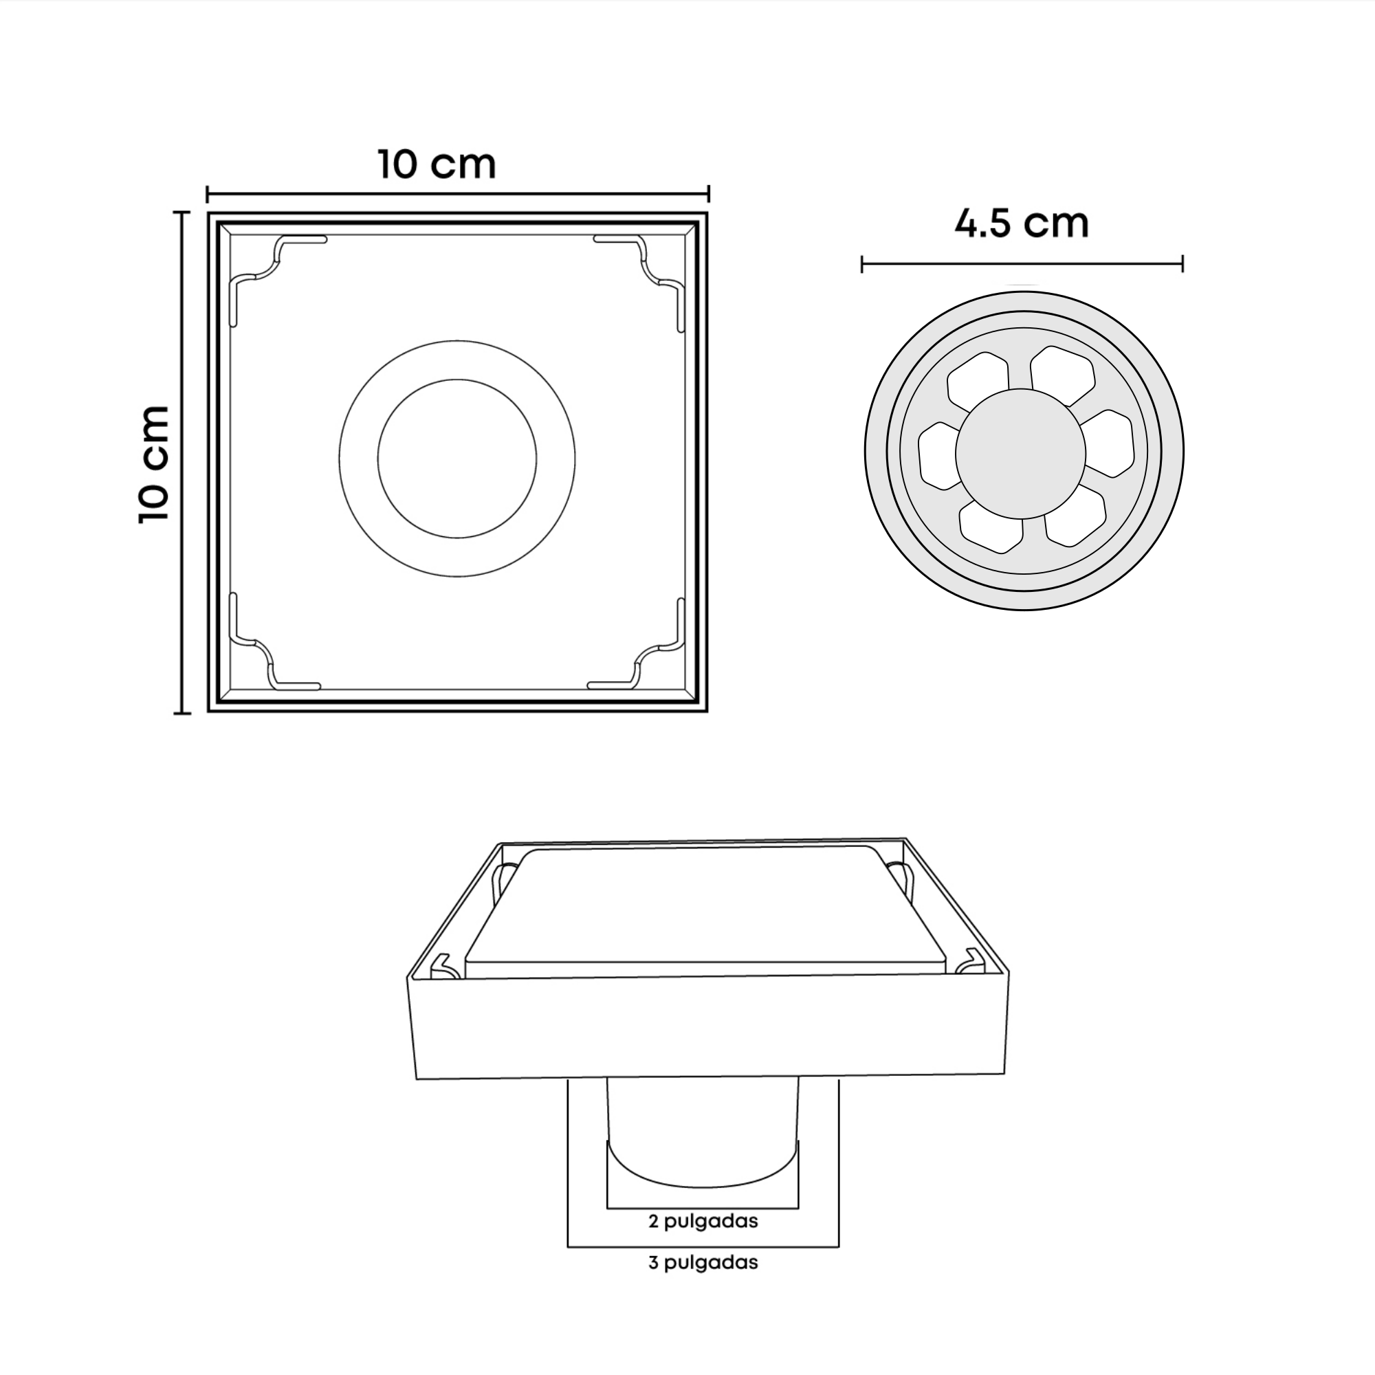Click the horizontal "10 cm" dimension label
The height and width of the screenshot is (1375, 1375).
[x=437, y=164]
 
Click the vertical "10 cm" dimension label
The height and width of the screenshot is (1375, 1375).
[x=155, y=464]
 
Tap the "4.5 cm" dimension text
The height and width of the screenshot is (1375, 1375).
[x=1022, y=223]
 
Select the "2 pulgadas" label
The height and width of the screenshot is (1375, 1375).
[x=703, y=1221]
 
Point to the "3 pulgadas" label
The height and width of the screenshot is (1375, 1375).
[x=703, y=1262]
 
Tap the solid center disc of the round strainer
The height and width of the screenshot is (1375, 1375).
[x=1020, y=453]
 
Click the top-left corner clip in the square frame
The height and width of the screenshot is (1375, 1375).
[x=277, y=261]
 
